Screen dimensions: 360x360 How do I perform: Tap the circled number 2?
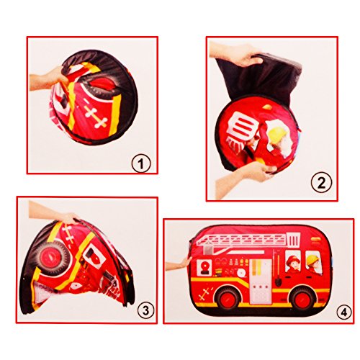click(x=319, y=184)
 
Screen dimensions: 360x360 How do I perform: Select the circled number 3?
click(x=145, y=311)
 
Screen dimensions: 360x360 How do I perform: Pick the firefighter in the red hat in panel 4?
click(x=291, y=264)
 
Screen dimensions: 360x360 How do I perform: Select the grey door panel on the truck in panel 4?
click(x=265, y=274)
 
